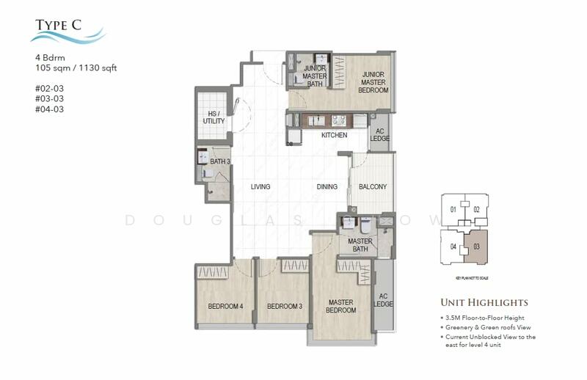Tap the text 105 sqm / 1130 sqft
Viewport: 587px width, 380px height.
(x=76, y=68)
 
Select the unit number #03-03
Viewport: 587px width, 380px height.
(x=48, y=99)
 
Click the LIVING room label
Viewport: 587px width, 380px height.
(x=260, y=187)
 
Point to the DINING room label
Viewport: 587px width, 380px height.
(x=327, y=187)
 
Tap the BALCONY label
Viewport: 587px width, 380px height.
(x=373, y=187)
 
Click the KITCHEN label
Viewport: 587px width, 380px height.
(x=334, y=136)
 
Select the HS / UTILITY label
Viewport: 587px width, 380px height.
(x=214, y=117)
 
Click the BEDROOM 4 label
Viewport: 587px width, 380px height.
(x=225, y=307)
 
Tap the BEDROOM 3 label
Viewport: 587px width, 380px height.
(x=285, y=307)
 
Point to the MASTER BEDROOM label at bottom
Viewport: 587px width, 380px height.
(x=341, y=306)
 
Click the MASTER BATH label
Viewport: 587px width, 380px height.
(x=360, y=246)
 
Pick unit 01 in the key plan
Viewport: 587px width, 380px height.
(x=453, y=211)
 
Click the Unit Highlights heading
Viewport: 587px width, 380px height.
(x=484, y=302)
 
